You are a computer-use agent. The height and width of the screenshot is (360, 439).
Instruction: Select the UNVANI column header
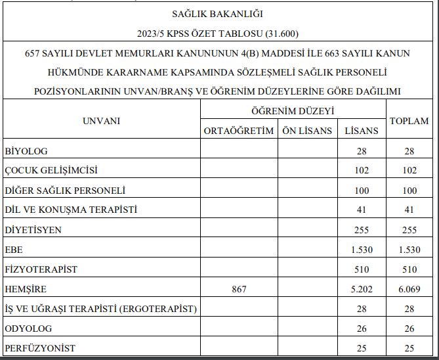[x=102, y=121]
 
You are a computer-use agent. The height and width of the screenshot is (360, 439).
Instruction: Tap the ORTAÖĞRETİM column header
[x=239, y=131]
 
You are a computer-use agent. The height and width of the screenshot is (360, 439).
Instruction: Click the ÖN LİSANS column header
[x=307, y=131]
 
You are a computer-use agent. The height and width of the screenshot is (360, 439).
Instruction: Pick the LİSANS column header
[x=362, y=131]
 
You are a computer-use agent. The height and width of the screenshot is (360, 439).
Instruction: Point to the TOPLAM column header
[x=409, y=121]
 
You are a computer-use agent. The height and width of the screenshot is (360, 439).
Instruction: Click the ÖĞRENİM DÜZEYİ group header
[x=293, y=111]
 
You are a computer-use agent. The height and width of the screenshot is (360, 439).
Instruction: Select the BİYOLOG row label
[x=26, y=151]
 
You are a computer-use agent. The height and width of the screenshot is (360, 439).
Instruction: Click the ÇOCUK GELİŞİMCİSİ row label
[x=51, y=171]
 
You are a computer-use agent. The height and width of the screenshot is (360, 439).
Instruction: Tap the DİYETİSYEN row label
[x=33, y=230]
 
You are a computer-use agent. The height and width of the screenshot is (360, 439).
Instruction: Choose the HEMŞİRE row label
[x=26, y=289]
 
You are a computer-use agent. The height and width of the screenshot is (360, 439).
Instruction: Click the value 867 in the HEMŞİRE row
[x=239, y=289]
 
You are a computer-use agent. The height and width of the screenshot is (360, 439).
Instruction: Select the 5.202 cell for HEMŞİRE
[x=362, y=289]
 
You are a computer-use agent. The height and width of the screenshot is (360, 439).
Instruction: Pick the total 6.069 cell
[x=409, y=289]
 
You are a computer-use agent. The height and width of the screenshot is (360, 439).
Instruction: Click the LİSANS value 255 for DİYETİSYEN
[x=362, y=230]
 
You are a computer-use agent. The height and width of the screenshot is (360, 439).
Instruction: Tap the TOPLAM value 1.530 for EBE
[x=409, y=250]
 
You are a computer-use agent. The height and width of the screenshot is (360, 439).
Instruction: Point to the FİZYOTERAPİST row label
[x=41, y=269]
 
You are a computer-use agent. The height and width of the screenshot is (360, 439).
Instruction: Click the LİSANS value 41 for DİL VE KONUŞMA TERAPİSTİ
[x=362, y=210]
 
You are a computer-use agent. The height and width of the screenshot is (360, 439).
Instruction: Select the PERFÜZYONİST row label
[x=39, y=348]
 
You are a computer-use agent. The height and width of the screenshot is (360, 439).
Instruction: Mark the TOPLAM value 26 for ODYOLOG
[x=409, y=328]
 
